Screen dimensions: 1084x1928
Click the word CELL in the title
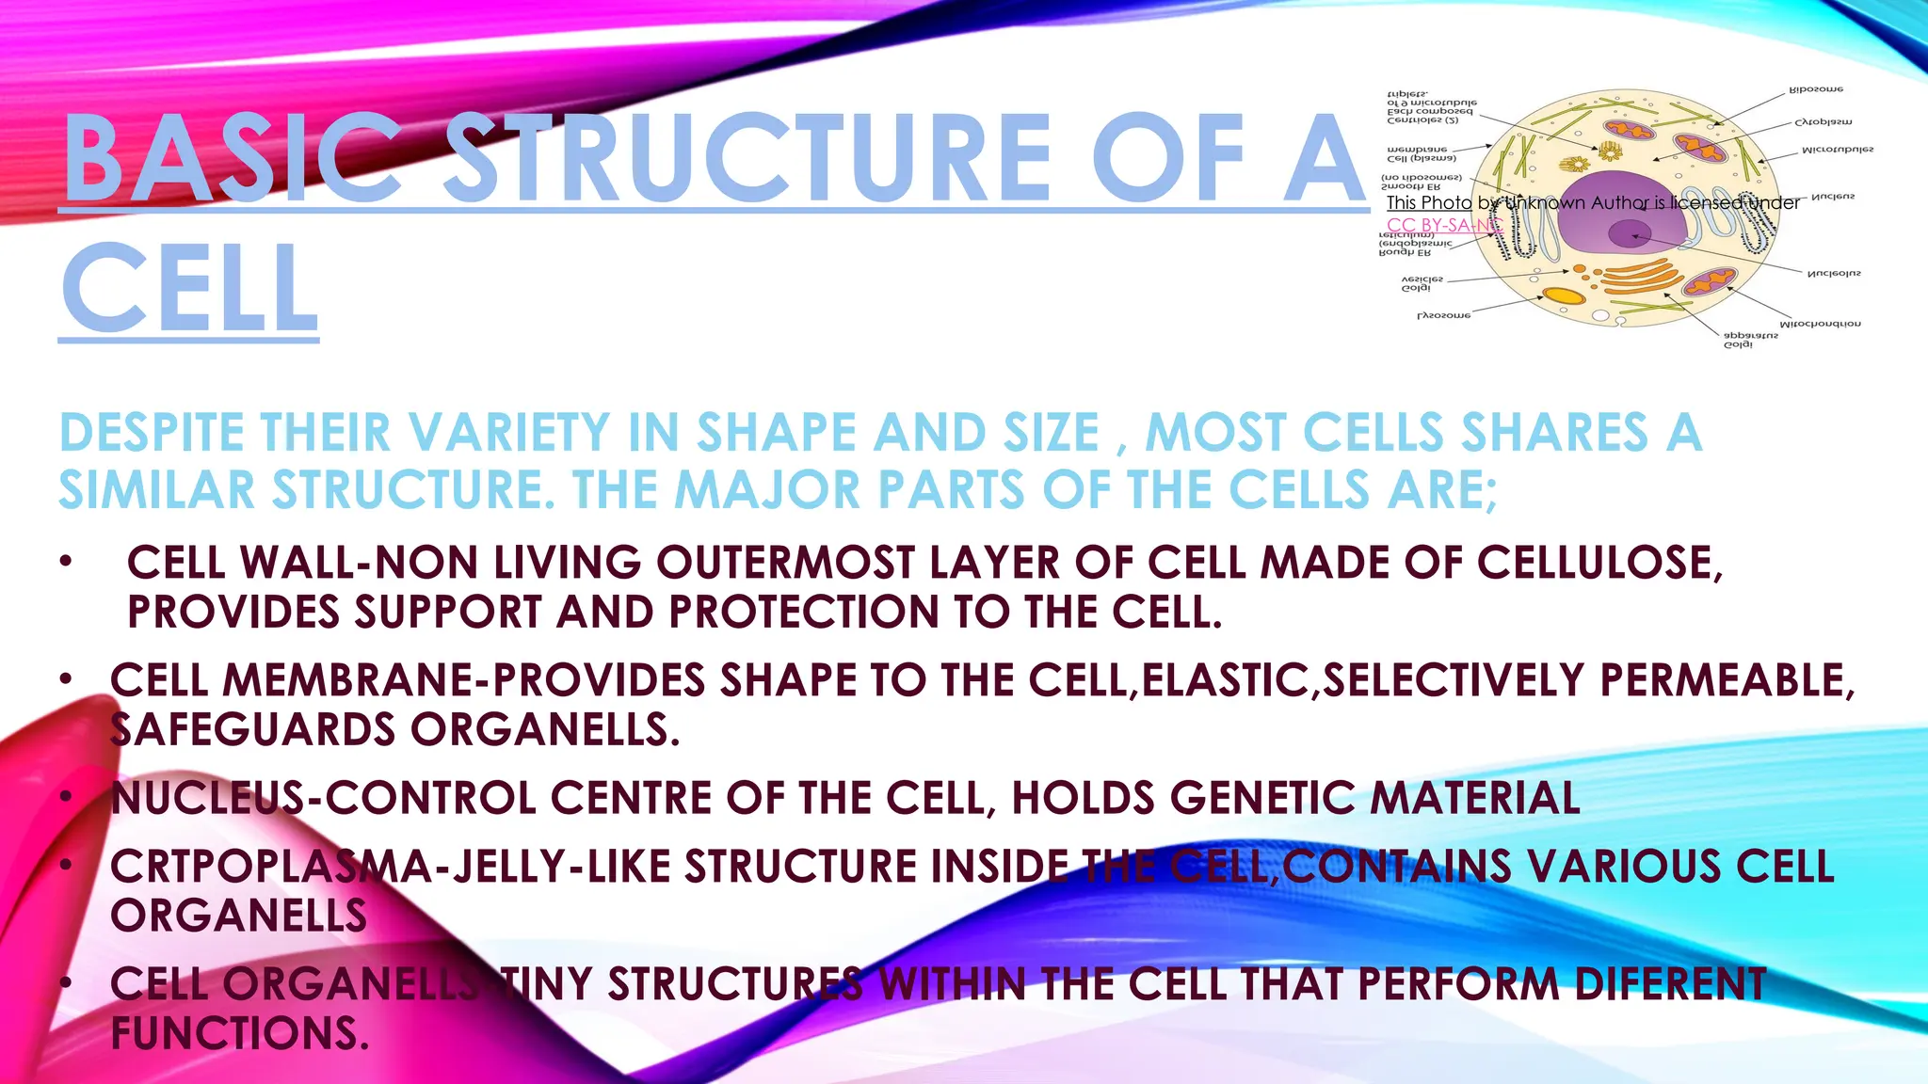pyautogui.click(x=188, y=289)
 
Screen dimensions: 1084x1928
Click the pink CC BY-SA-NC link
pyautogui.click(x=1441, y=225)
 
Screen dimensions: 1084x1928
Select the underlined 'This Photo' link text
pyautogui.click(x=1428, y=202)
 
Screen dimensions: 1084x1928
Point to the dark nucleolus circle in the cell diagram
pyautogui.click(x=1629, y=233)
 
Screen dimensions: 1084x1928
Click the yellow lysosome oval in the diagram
pyautogui.click(x=1565, y=295)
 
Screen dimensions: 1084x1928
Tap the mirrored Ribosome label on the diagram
pyautogui.click(x=1816, y=89)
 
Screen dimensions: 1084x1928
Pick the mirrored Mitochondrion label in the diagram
pyautogui.click(x=1820, y=324)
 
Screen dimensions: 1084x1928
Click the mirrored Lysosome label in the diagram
pyautogui.click(x=1443, y=315)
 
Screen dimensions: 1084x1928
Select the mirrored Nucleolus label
pyautogui.click(x=1833, y=274)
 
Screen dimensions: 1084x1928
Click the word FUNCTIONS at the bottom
pyautogui.click(x=238, y=1033)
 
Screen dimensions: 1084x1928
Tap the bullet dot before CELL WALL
pyautogui.click(x=64, y=563)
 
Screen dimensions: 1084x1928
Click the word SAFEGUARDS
pyautogui.click(x=252, y=730)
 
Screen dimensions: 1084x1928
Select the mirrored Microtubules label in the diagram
pyautogui.click(x=1837, y=150)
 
